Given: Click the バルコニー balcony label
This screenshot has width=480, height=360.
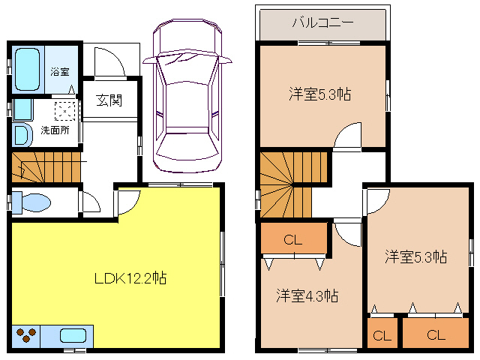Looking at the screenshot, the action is (323, 22).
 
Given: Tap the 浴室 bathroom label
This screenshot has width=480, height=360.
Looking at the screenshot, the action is (60, 72).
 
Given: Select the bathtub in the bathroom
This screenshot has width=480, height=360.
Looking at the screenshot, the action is (27, 69).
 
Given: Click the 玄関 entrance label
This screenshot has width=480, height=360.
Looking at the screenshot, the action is (109, 100).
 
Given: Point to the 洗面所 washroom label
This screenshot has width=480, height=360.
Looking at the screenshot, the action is (55, 130).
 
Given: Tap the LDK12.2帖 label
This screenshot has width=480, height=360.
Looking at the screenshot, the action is (130, 278).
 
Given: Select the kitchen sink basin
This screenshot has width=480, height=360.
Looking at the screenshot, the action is (73, 336).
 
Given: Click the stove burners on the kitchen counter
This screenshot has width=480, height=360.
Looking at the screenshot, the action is (26, 334).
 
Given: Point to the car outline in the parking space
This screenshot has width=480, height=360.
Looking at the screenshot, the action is (187, 95).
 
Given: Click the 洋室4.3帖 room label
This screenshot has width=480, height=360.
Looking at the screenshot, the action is (307, 296).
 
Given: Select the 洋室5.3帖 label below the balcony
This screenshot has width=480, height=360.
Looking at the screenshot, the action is (320, 94).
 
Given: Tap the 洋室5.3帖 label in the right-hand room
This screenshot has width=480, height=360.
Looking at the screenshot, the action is (416, 256).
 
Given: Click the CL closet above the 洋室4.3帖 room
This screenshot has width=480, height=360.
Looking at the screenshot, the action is (293, 238).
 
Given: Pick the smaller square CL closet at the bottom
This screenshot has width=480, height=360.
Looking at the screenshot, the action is (382, 334).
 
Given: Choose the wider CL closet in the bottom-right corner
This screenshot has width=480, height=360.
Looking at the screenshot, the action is (436, 334).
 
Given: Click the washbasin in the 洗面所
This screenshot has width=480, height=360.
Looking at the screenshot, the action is (22, 135).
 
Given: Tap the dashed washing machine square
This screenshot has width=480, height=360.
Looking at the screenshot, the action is (65, 111).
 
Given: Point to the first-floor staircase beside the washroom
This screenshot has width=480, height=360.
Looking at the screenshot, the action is (46, 167).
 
